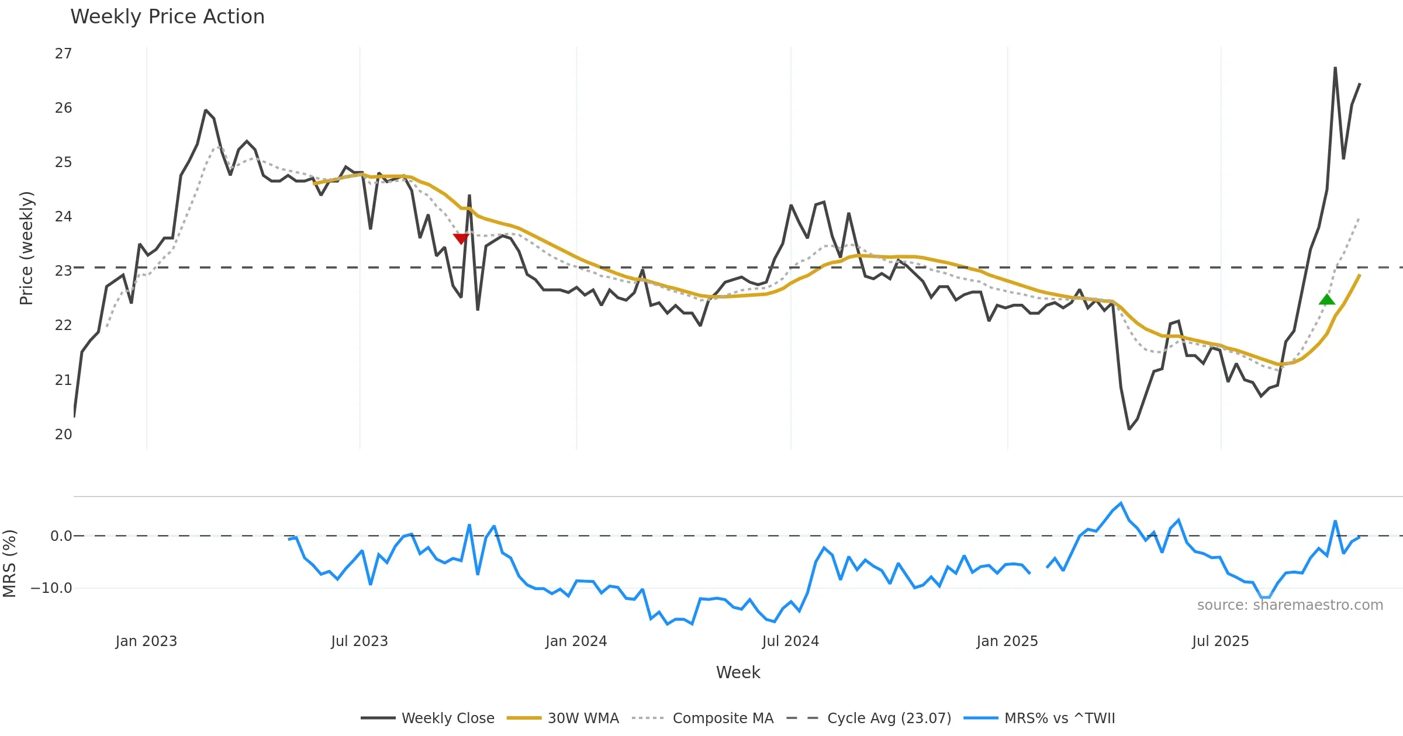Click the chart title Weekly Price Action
[167, 17]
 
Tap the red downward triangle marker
[461, 238]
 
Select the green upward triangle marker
[1327, 300]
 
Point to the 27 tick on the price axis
[63, 54]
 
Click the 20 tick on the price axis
[63, 435]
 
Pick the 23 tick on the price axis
[63, 271]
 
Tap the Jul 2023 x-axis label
[360, 641]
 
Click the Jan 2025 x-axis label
[1007, 641]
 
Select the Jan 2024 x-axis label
[576, 641]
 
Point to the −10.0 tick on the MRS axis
[51, 588]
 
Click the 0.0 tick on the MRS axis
[61, 536]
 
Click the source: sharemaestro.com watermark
[1290, 605]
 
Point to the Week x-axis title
[738, 673]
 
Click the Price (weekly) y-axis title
[27, 248]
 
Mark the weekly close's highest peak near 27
[1335, 68]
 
